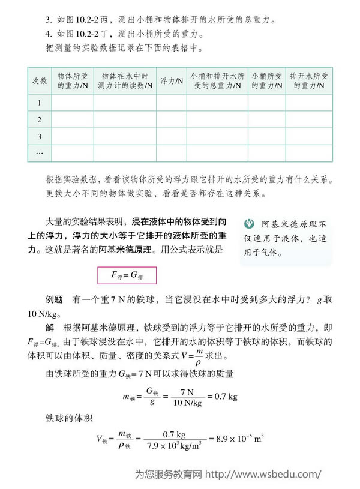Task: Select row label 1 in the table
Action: [x=40, y=103]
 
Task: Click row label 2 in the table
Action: [x=40, y=120]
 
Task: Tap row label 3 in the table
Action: [x=40, y=137]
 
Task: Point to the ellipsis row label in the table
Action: [x=40, y=154]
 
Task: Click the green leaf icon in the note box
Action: [x=251, y=225]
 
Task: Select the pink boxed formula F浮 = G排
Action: [x=127, y=275]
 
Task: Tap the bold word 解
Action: [x=50, y=328]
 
